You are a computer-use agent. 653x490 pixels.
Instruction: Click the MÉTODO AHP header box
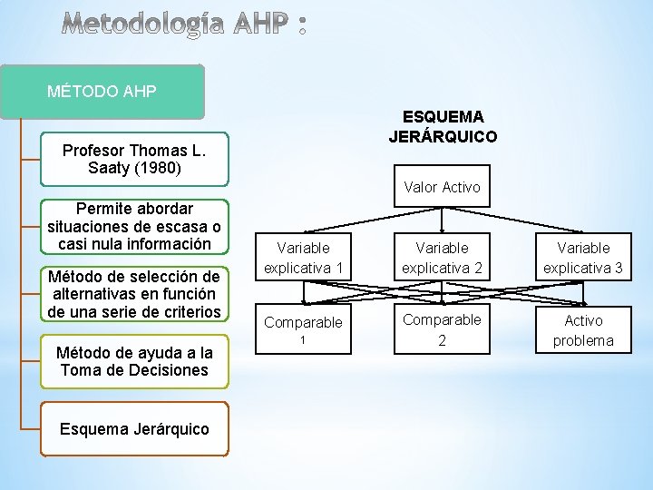(x=112, y=92)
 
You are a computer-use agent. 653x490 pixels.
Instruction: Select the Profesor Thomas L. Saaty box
(x=135, y=159)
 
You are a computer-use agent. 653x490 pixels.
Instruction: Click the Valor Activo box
(x=442, y=187)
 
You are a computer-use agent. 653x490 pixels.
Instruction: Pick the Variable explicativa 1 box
(x=303, y=258)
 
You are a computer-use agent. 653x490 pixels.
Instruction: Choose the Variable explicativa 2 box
(x=442, y=258)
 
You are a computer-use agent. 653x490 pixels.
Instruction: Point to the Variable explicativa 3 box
(x=583, y=258)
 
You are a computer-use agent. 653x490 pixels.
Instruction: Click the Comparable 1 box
(x=303, y=329)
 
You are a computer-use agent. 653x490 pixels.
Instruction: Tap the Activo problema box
(x=583, y=330)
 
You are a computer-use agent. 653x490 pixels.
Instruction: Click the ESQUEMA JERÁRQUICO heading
(x=443, y=127)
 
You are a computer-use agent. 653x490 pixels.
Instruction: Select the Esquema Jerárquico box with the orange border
(x=135, y=429)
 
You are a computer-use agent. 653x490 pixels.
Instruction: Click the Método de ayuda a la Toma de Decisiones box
(x=135, y=361)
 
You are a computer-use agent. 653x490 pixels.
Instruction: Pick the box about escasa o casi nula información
(x=135, y=227)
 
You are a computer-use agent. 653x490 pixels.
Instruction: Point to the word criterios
(x=190, y=312)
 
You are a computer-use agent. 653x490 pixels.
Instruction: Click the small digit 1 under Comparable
(x=303, y=339)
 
